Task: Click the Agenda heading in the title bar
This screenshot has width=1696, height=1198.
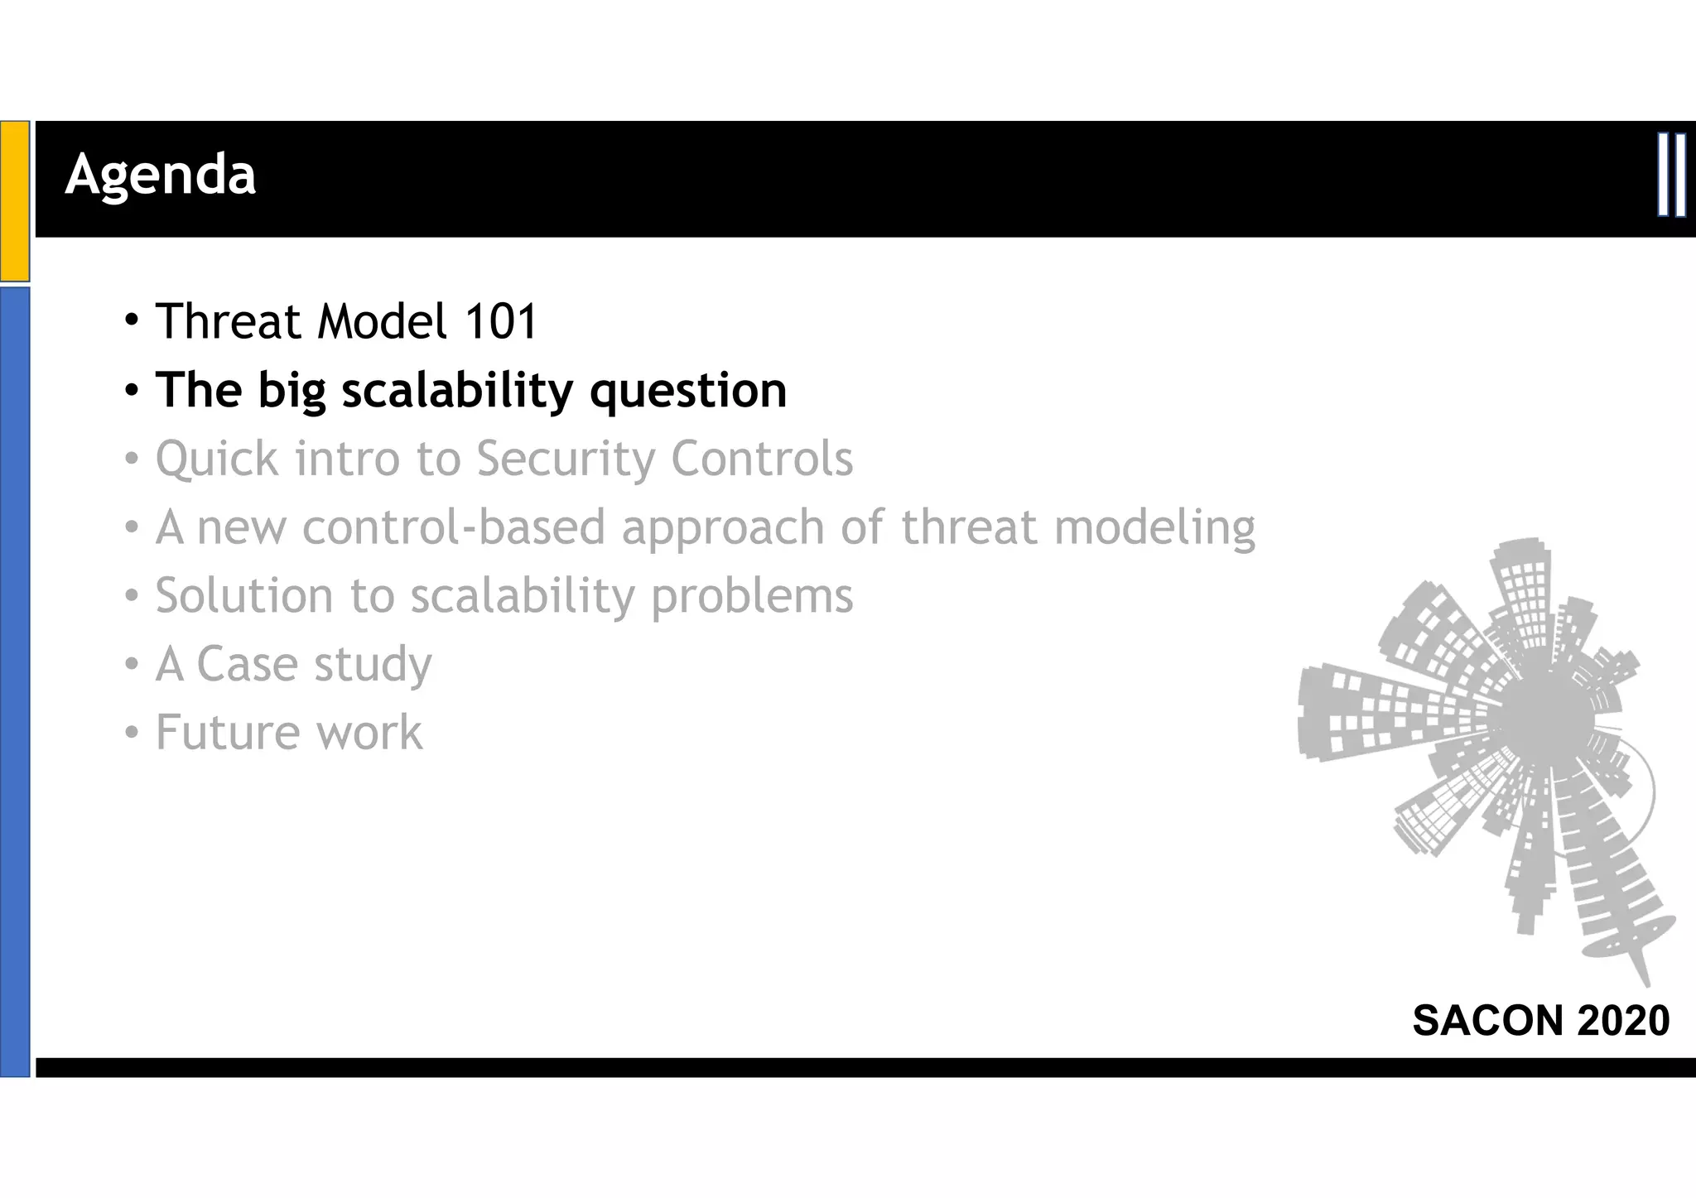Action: [161, 176]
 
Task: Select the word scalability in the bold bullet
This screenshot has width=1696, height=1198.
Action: [457, 390]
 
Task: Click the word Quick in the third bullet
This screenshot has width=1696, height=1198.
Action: [217, 460]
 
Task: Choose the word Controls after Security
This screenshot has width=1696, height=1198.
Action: [762, 459]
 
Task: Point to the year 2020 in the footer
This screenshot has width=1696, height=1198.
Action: [1623, 1020]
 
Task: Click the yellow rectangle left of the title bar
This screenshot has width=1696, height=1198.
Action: [15, 200]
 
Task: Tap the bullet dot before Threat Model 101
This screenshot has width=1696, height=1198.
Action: [132, 320]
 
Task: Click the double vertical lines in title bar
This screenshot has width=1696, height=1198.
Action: [1672, 175]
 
